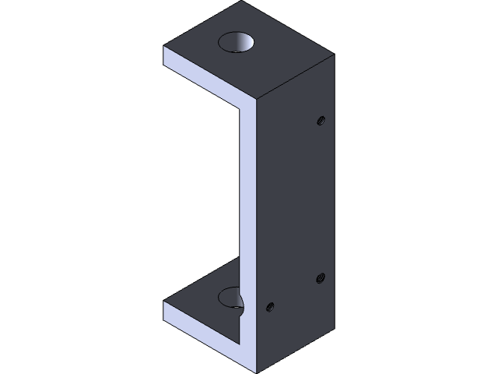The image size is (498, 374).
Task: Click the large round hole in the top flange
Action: coord(238,42)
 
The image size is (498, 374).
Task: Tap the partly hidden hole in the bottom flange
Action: coord(230,297)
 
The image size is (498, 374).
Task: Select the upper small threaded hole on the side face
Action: coord(320,120)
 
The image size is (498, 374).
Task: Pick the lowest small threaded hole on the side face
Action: coord(269,306)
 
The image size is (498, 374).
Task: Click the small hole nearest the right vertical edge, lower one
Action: coord(320,277)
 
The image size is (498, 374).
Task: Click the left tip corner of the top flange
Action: coord(164,48)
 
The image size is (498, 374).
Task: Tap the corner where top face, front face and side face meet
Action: coord(256,101)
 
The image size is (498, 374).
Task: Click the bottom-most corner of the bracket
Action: coord(256,372)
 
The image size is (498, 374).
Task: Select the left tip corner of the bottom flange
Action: coord(164,304)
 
